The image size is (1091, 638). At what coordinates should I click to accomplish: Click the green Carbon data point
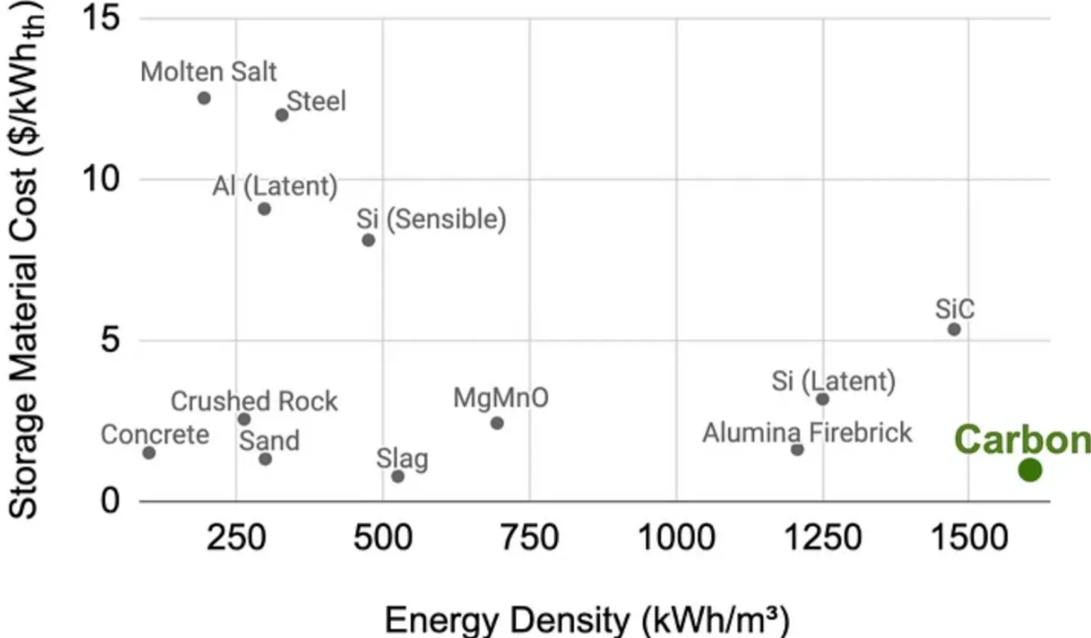coord(1030,470)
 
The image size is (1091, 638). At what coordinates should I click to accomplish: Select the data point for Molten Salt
coord(204,98)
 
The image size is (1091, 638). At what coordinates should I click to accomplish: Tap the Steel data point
coord(281,115)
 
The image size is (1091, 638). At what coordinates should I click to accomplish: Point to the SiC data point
coord(954,330)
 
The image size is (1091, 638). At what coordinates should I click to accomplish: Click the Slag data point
coord(398,476)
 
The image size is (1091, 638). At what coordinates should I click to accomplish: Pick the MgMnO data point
coord(496,423)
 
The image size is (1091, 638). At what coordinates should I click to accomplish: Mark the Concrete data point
coord(149,452)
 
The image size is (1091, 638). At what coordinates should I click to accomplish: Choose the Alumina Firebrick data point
coord(797,450)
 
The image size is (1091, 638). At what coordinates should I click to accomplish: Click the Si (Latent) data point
coord(822,399)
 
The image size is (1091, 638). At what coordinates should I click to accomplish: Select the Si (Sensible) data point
coord(368,241)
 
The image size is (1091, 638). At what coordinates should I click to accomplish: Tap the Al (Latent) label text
coord(275,186)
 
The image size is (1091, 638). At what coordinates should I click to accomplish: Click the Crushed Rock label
coord(254,402)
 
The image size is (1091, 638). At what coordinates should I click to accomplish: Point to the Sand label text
coord(269,441)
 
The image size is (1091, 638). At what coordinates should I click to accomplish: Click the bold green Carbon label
coord(1022,440)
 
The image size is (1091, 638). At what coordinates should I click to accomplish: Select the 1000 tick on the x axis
coord(676,538)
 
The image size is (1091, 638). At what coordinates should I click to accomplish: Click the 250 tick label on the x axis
coord(236,538)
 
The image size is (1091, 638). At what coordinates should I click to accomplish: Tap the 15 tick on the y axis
coord(101,18)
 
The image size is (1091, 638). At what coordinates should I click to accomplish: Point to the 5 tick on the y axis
coord(110,340)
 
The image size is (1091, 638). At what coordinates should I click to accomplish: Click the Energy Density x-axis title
coord(587,620)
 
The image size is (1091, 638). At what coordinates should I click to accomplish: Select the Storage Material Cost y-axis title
coord(25,261)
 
